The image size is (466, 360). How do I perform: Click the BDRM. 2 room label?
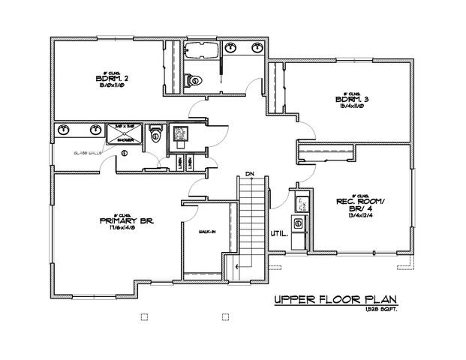click(104, 78)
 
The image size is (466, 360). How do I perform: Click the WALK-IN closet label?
click(207, 232)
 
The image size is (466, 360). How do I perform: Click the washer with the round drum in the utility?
click(299, 223)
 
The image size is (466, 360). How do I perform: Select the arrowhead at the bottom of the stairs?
click(237, 265)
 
